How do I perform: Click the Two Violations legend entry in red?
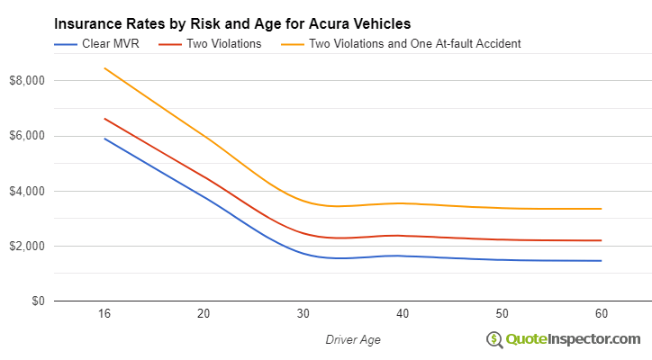(224, 43)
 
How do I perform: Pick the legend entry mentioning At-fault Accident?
(414, 43)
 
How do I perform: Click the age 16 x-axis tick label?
(104, 314)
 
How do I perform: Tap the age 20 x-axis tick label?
(204, 314)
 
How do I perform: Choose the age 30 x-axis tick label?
(303, 314)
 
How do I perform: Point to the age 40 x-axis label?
(403, 314)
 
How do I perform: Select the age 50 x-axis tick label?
(502, 314)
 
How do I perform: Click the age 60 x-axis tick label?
(602, 314)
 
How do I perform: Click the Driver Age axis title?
(352, 338)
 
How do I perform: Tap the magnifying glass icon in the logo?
(494, 339)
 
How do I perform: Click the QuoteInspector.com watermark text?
(573, 339)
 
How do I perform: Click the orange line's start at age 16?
(104, 68)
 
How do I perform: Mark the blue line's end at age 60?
(602, 261)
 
